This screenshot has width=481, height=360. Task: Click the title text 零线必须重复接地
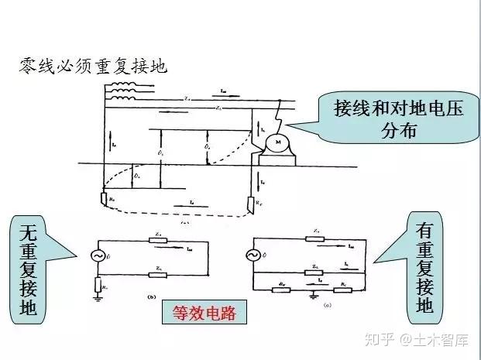coord(93,66)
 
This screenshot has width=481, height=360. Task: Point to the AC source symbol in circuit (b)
coord(98,255)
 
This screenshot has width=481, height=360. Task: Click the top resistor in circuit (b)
coord(160,240)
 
